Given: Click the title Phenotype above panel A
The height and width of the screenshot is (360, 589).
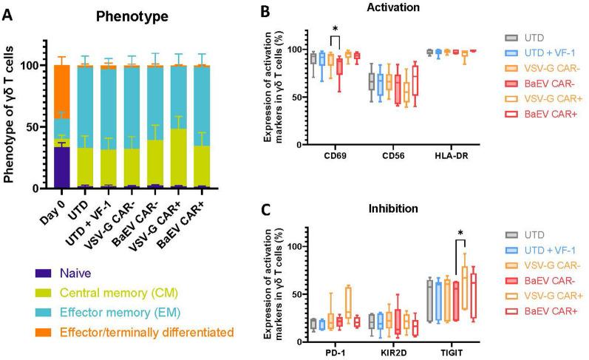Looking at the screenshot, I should click(126, 14).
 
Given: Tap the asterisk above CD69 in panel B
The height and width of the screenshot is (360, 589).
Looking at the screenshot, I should click(335, 30).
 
